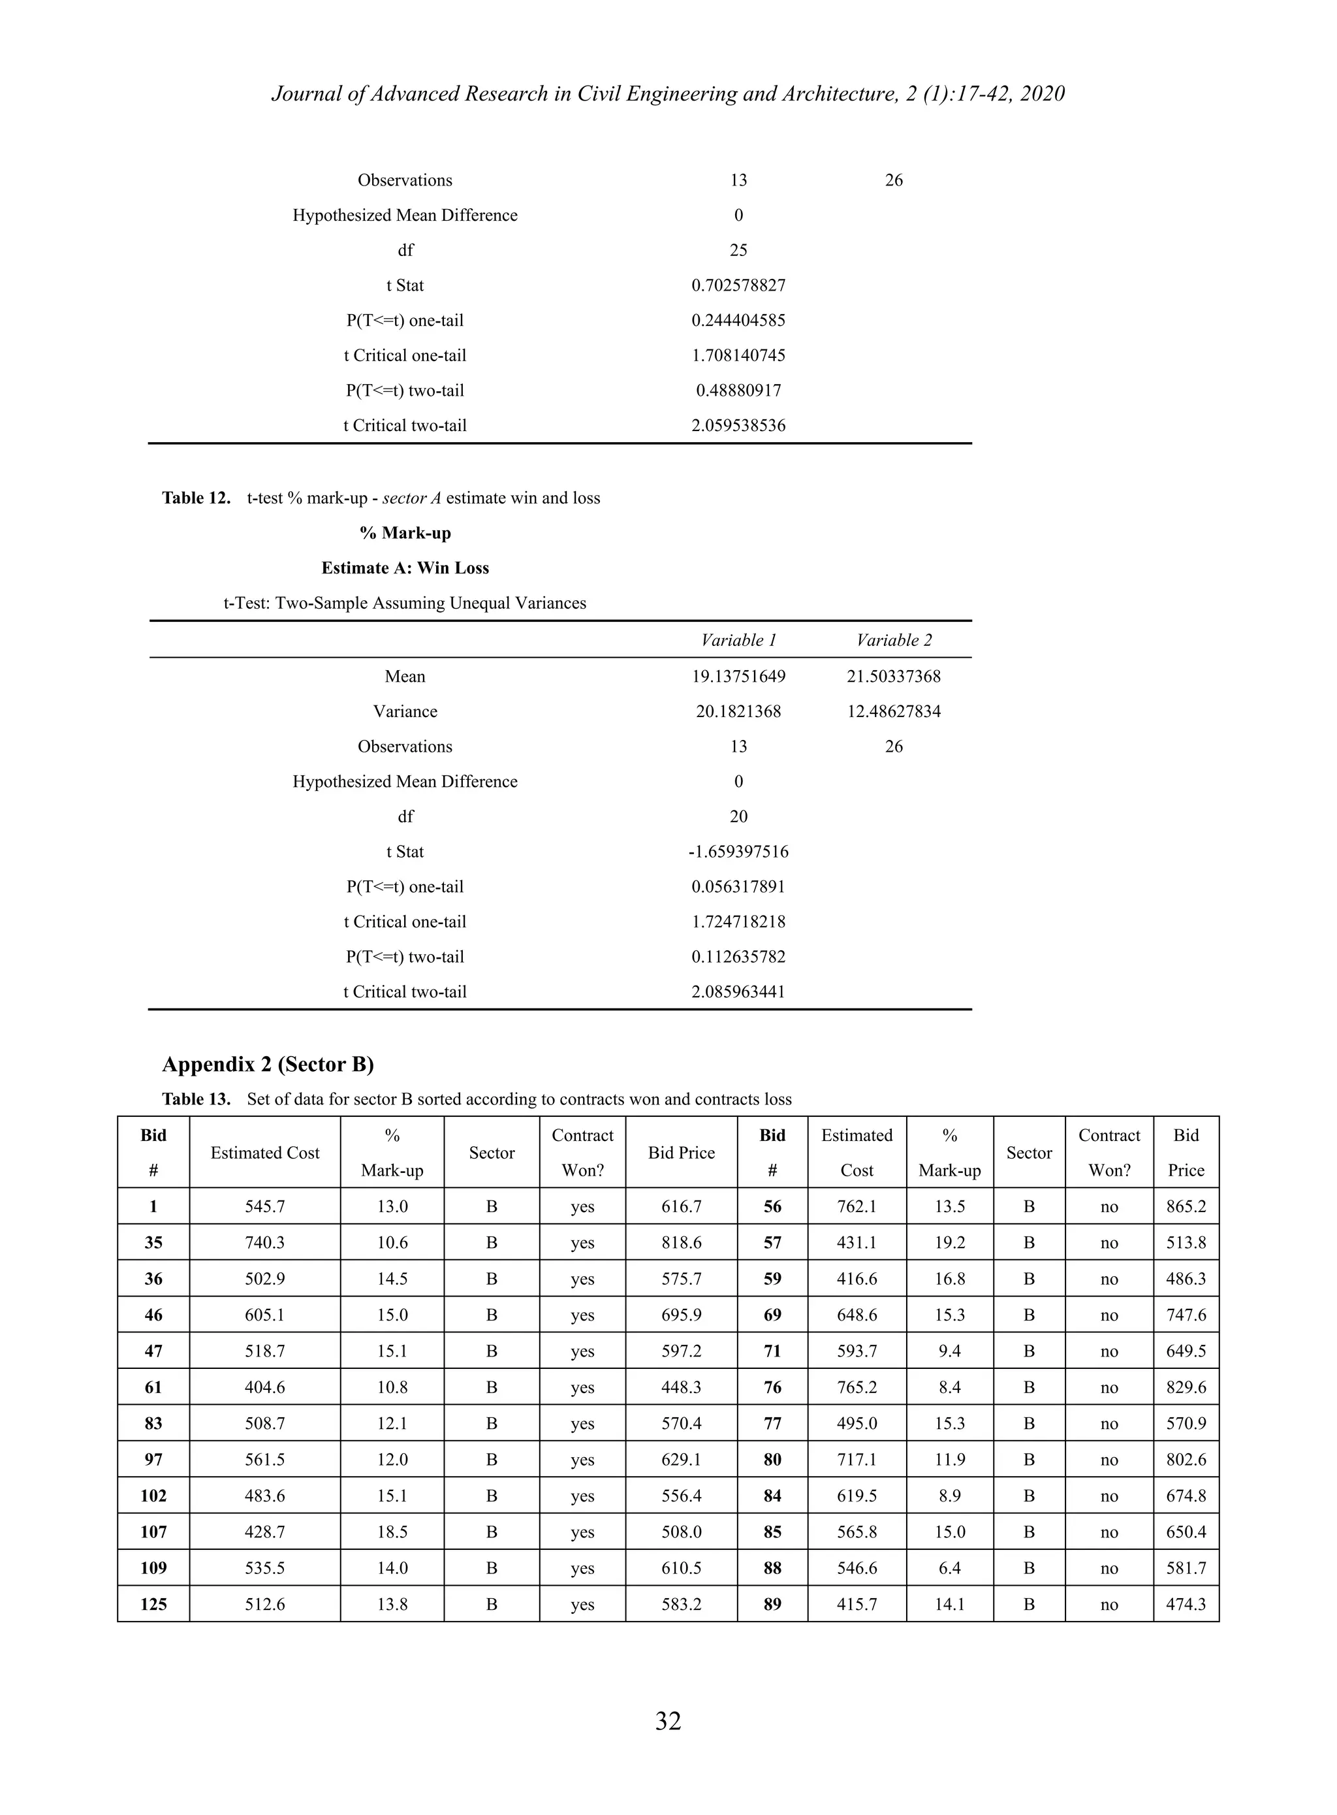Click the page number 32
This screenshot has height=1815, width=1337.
668,1720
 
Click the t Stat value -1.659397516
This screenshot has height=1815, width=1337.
738,852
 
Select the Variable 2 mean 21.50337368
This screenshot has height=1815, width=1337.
894,676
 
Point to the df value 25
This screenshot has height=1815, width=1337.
738,250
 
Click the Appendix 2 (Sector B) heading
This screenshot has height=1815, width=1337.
268,1064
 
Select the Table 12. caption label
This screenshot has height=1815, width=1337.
196,498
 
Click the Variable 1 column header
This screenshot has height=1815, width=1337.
738,640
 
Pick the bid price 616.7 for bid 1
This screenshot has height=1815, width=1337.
681,1206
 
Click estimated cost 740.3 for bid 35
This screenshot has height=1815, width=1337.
264,1243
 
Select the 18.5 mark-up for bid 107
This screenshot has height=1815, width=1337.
392,1532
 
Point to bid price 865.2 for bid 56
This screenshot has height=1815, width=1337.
1186,1206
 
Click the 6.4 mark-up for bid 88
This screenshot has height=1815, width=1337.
949,1568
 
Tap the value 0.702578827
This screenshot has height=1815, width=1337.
738,285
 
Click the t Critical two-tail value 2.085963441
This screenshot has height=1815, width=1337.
738,991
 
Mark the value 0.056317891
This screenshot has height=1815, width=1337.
738,886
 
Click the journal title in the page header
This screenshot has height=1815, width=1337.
668,94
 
